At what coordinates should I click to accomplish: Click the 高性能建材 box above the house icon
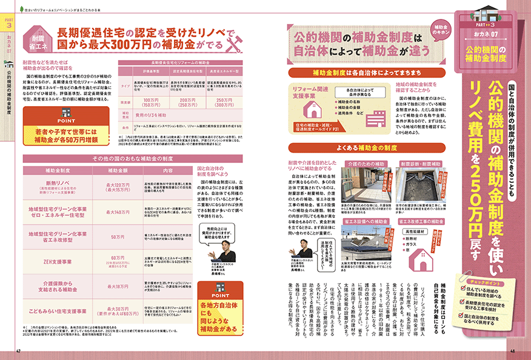(410, 231)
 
